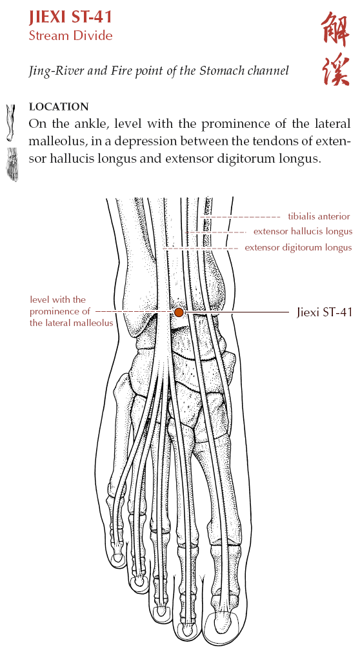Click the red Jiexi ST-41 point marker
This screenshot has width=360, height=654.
(x=179, y=312)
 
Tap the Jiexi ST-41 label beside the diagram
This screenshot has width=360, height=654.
(x=324, y=312)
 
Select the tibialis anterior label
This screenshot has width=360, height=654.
(x=319, y=216)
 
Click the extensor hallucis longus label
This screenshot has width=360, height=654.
(x=303, y=232)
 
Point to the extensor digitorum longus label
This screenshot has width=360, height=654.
(x=298, y=247)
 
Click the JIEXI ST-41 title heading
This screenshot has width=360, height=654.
(x=70, y=17)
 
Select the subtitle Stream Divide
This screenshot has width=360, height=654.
(x=70, y=36)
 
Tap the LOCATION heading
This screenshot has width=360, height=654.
(x=59, y=107)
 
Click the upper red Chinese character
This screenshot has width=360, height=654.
(x=335, y=29)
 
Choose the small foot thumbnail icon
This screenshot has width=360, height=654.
(x=12, y=164)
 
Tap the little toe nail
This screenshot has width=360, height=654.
(x=118, y=557)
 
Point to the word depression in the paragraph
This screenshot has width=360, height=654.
(x=143, y=142)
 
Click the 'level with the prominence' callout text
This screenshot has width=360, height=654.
(x=71, y=311)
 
